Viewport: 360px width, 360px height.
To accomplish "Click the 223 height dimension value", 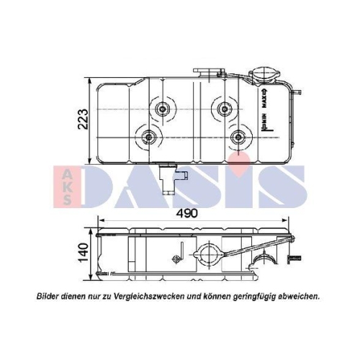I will tap(84, 119).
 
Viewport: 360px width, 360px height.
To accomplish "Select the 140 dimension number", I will tap(84, 253).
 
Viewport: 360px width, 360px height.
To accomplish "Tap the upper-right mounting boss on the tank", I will tap(224, 108).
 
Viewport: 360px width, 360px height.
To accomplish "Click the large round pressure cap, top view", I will tap(260, 77).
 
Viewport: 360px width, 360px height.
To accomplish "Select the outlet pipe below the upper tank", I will tap(171, 179).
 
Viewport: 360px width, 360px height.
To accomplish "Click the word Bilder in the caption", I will tap(50, 296).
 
